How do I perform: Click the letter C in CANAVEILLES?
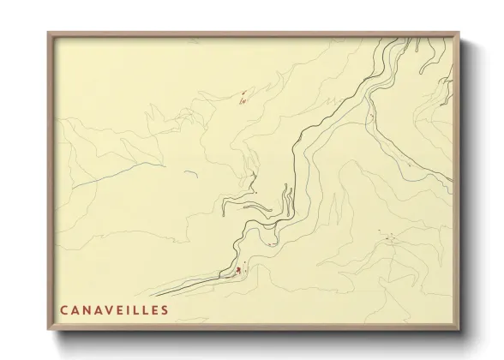(x=64, y=310)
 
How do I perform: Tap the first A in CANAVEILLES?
(x=75, y=310)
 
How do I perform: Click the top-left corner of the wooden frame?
(x=48, y=33)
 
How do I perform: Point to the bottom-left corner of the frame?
(x=48, y=331)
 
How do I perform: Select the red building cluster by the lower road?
(x=237, y=272)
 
